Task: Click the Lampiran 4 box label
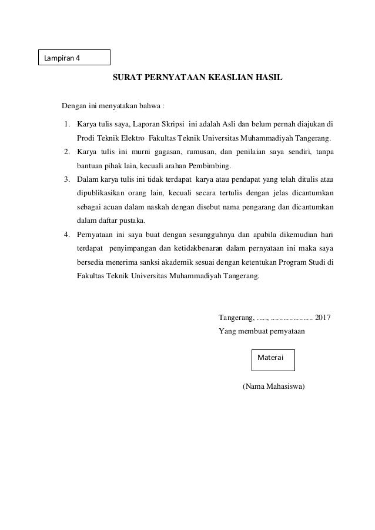tap(62, 58)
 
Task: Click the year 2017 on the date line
tap(323, 318)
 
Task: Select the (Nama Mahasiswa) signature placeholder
tap(273, 386)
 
